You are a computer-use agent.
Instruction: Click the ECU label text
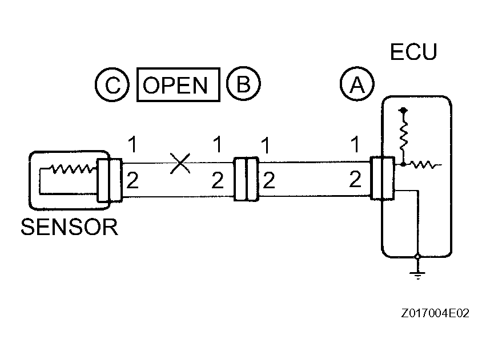click(413, 52)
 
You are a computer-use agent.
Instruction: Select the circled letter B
click(243, 85)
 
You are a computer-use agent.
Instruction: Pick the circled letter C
click(113, 86)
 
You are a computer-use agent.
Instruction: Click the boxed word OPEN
click(178, 86)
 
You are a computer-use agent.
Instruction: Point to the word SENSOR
click(69, 227)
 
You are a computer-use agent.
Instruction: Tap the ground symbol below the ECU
click(418, 275)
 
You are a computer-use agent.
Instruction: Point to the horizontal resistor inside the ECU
click(425, 165)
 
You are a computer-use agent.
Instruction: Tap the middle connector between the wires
click(246, 180)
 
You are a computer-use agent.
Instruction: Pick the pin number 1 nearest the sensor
click(132, 145)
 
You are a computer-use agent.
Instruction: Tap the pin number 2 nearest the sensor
click(132, 181)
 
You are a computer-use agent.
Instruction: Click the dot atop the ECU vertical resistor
click(404, 109)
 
